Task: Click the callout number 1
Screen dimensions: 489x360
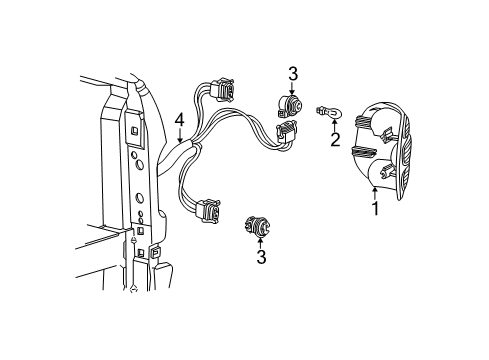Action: click(376, 209)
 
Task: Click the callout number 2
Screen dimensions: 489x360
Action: click(335, 139)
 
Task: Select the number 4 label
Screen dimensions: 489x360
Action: click(180, 120)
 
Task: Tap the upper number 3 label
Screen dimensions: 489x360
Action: click(293, 74)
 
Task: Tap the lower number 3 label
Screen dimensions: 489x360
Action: click(261, 257)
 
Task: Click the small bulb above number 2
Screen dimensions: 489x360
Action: click(328, 112)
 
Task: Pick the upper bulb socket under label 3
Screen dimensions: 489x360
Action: click(290, 106)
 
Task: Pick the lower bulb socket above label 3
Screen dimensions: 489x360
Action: click(256, 226)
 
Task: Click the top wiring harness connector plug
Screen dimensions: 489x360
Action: click(222, 89)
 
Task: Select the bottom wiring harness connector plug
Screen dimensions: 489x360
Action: click(209, 210)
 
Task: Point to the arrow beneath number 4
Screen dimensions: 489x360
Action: click(180, 135)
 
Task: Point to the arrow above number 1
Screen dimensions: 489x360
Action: click(375, 194)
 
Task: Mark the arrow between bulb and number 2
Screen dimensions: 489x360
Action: click(334, 126)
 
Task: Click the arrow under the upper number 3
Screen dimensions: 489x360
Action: click(292, 88)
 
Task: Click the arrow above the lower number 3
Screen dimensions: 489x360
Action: click(260, 243)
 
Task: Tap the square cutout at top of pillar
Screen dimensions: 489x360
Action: click(134, 130)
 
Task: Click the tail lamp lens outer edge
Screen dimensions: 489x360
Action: click(404, 154)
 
